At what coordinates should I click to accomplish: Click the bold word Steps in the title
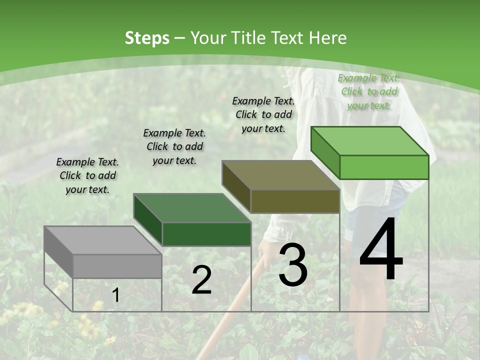point(147,38)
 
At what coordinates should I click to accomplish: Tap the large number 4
point(381,250)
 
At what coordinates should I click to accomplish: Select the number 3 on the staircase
point(293,264)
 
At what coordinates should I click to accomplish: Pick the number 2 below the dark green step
point(201,280)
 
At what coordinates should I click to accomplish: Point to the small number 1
point(115,295)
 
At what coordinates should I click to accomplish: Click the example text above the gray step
point(87,175)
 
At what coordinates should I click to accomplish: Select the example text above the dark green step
point(174,146)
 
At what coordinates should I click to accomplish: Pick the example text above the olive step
point(263,114)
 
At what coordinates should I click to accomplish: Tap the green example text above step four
point(369,91)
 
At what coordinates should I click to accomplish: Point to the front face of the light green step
point(384,167)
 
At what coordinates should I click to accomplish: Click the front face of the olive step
point(295,201)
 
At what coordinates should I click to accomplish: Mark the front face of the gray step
point(117,266)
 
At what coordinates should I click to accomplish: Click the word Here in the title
point(328,38)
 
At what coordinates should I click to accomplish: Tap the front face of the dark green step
point(206,234)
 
